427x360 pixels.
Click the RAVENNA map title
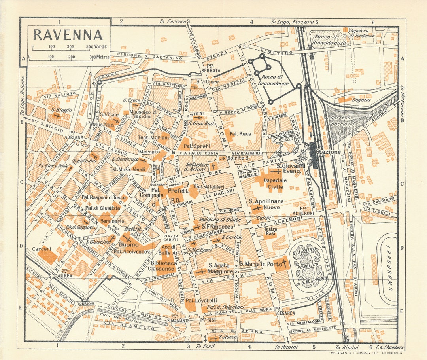tap(68, 35)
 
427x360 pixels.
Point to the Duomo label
tap(126, 245)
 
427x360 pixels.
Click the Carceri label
tap(42, 249)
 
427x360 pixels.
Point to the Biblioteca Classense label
tap(164, 266)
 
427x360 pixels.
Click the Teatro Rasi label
tap(270, 231)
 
